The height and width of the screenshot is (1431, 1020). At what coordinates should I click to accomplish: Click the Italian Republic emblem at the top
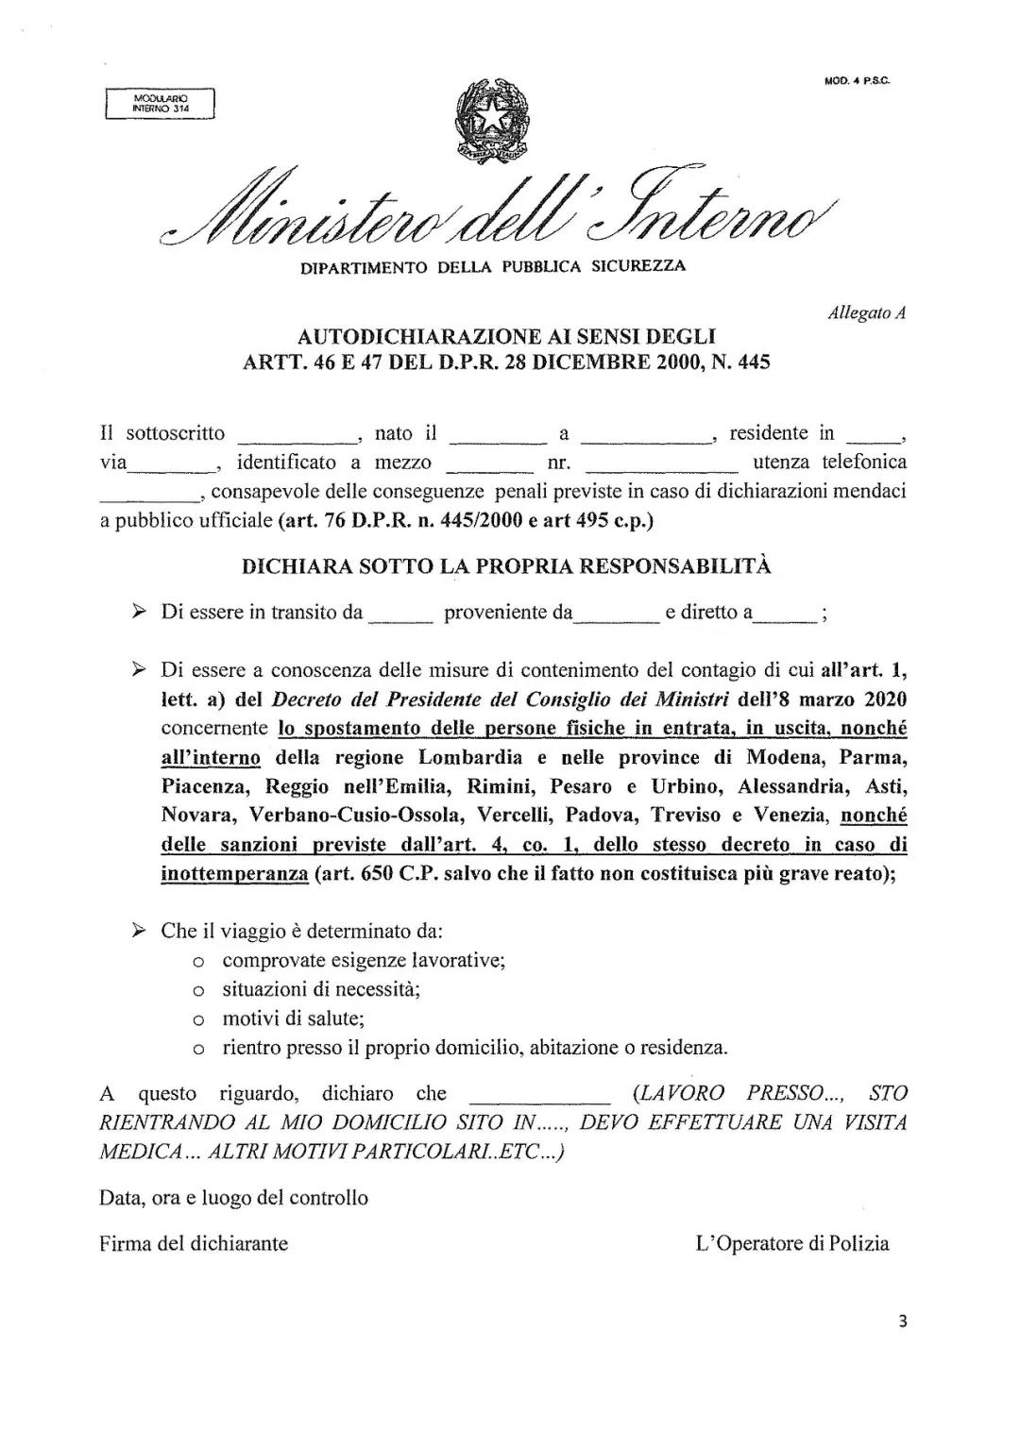[x=492, y=122]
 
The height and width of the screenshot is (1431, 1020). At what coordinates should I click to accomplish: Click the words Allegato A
[x=867, y=313]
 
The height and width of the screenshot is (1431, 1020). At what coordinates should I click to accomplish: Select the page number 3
[x=903, y=1322]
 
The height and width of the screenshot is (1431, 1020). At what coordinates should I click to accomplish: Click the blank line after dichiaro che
[x=540, y=1100]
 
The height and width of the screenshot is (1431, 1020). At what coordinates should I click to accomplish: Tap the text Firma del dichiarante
[x=194, y=1243]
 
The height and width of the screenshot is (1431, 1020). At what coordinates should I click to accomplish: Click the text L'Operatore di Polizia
[x=792, y=1243]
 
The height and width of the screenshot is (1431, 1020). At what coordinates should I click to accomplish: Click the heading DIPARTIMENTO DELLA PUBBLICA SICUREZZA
[x=493, y=267]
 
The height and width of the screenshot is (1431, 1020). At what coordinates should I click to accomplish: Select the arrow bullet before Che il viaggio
[x=138, y=931]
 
